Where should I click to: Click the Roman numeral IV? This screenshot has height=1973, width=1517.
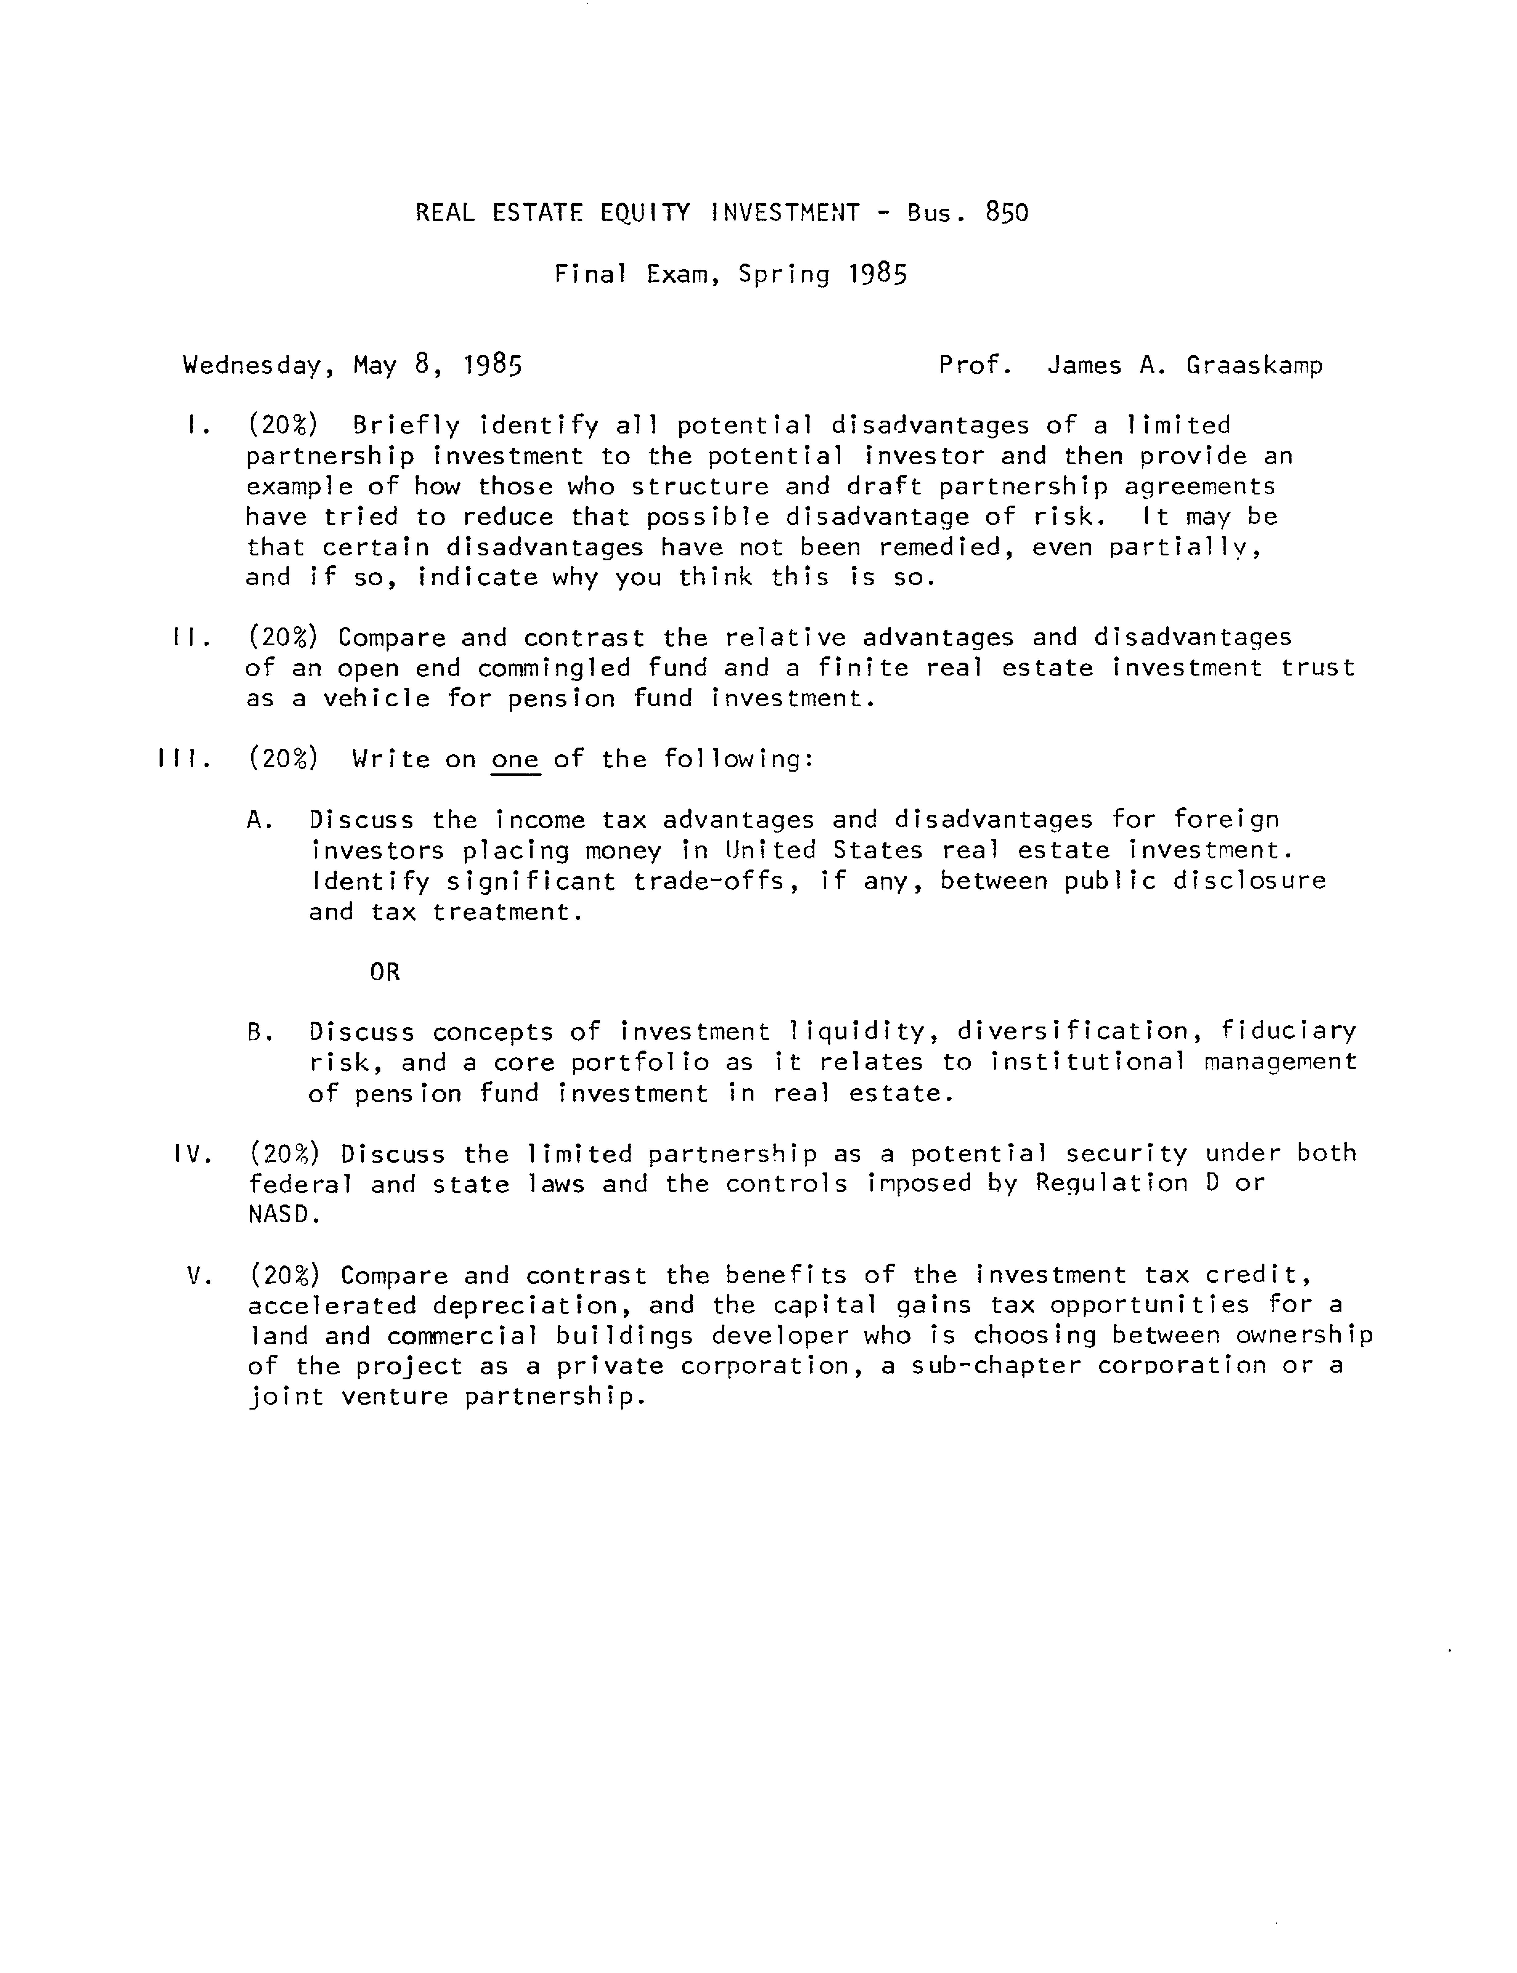[191, 1154]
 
